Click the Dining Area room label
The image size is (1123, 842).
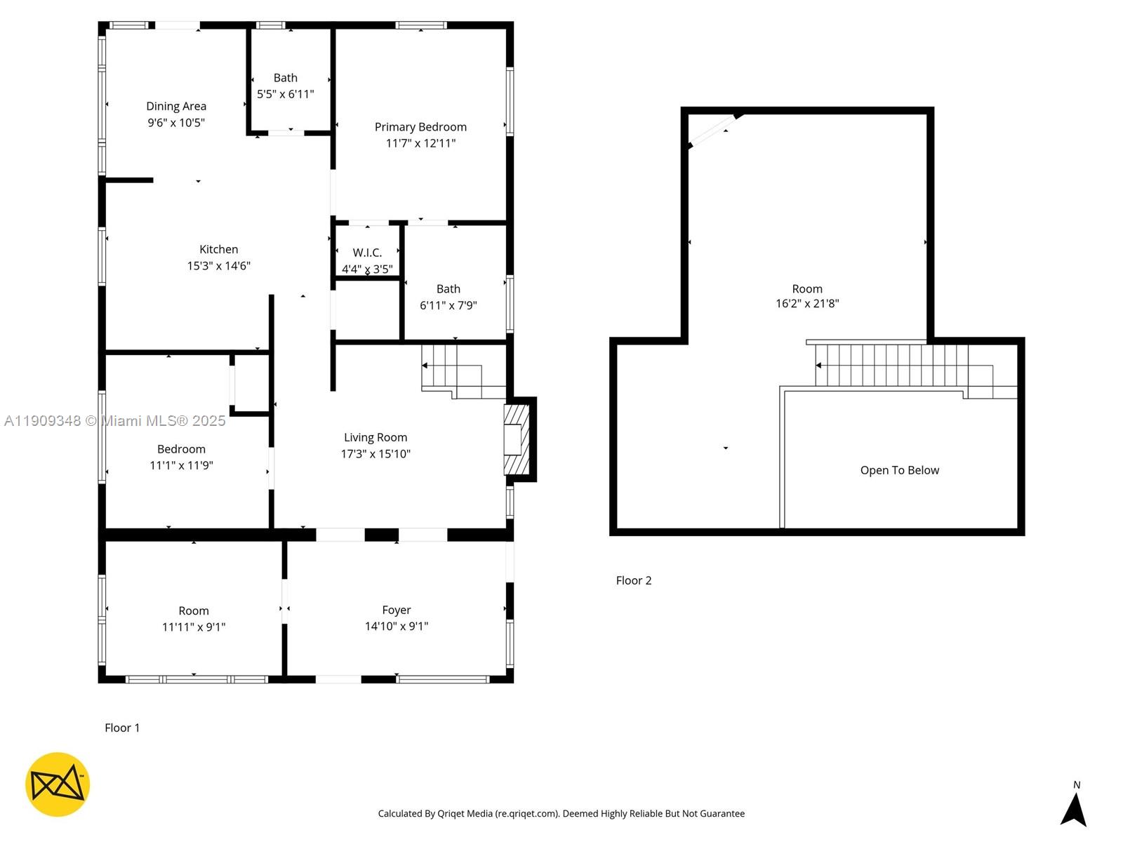[176, 106]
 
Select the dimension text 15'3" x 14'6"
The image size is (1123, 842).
[218, 266]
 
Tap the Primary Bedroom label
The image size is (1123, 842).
[420, 127]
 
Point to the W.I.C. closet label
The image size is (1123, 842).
[367, 253]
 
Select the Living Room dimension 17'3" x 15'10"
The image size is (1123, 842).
[376, 454]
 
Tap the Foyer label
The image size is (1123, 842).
[397, 610]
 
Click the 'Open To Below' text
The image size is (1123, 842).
[899, 470]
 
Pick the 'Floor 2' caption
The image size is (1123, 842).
[634, 580]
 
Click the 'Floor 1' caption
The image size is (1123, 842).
[122, 728]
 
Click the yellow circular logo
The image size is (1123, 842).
[58, 784]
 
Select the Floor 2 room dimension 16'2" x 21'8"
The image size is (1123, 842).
[807, 304]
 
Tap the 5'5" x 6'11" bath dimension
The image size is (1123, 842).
[285, 94]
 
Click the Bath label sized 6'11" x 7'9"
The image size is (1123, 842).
[448, 289]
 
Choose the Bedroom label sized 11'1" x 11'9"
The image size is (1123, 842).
[181, 449]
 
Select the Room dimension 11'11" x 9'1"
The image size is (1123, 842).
[194, 627]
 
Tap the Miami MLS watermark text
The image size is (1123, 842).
[115, 421]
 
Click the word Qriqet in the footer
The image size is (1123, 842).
[453, 814]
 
